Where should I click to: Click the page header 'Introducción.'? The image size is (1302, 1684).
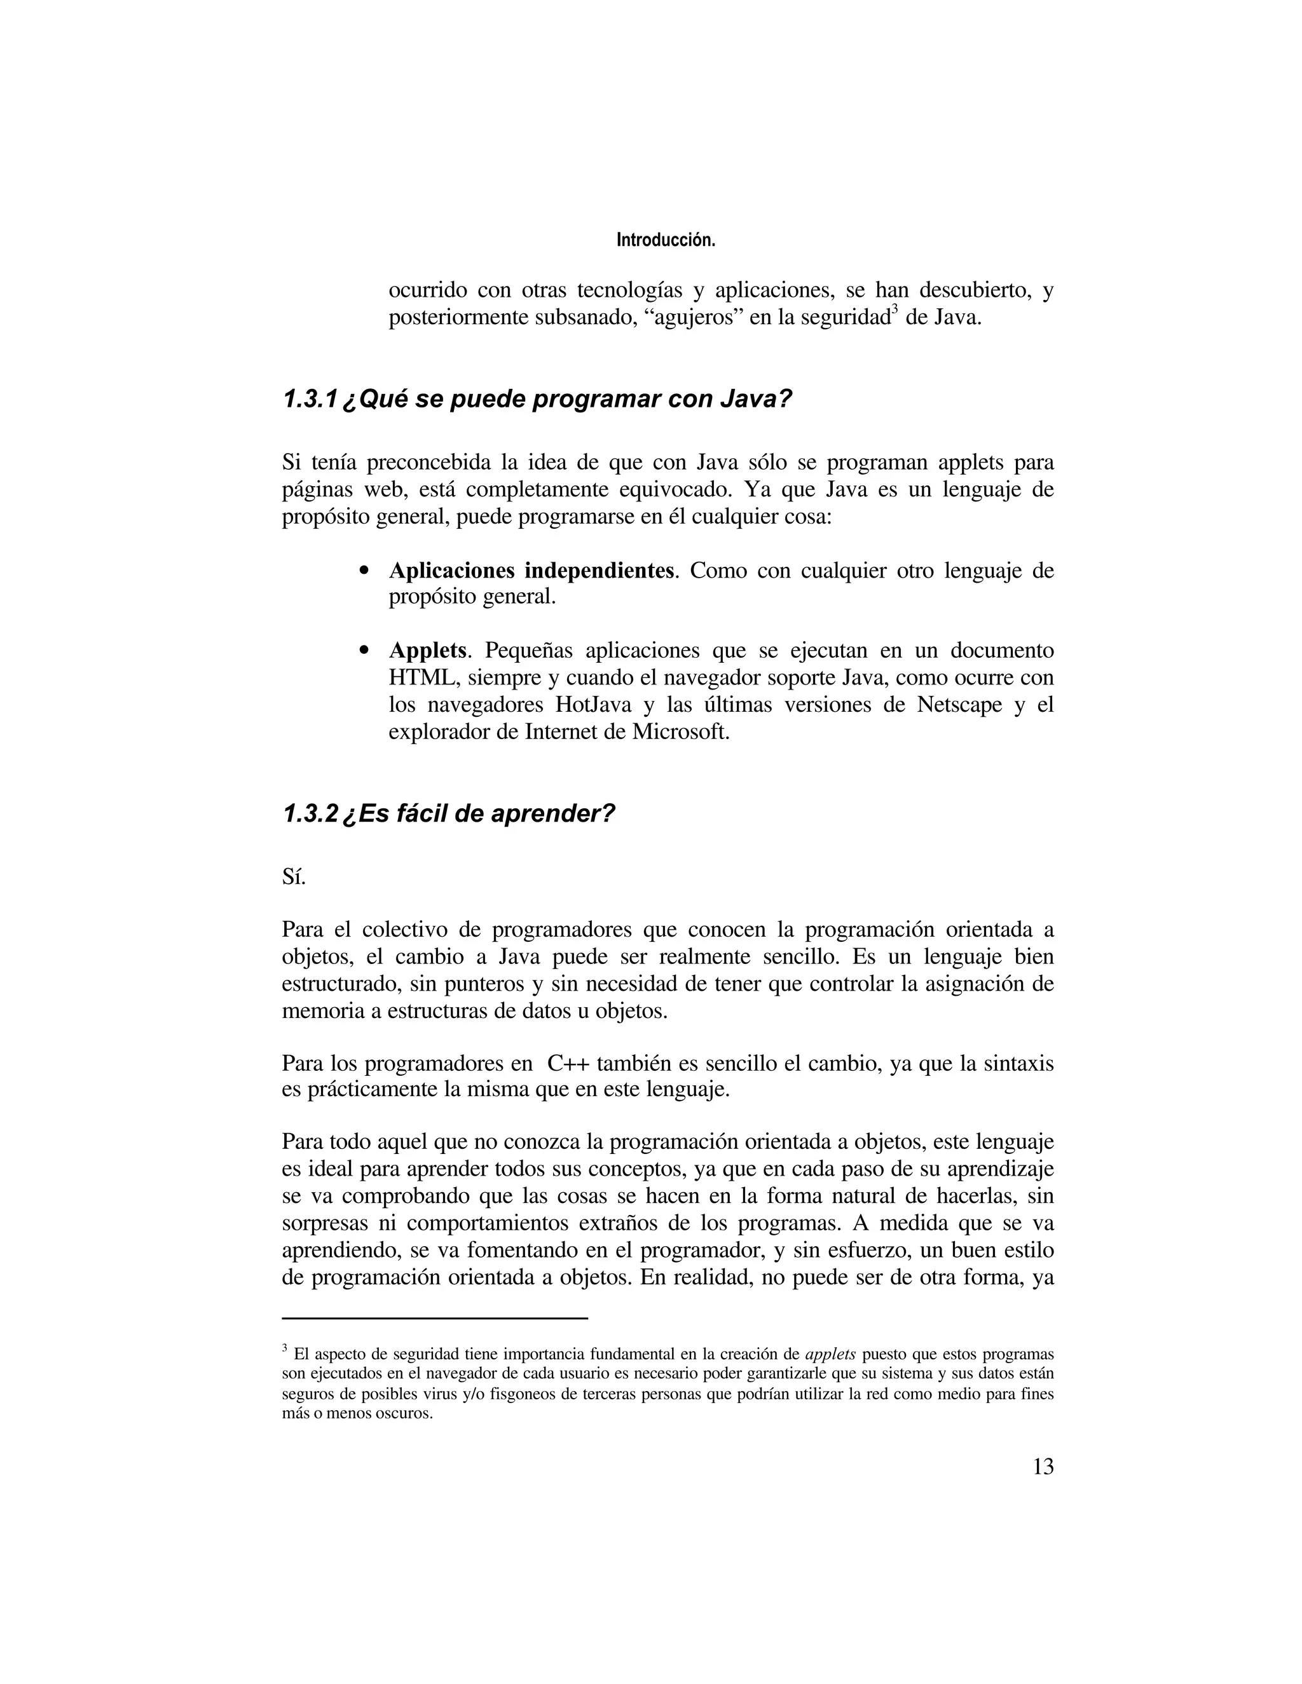pyautogui.click(x=666, y=241)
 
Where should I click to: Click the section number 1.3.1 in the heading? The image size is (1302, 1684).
pyautogui.click(x=310, y=400)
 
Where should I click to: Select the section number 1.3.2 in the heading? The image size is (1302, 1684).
pyautogui.click(x=310, y=813)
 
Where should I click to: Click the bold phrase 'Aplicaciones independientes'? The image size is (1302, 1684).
pyautogui.click(x=531, y=571)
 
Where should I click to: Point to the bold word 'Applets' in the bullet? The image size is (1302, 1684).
pyautogui.click(x=427, y=651)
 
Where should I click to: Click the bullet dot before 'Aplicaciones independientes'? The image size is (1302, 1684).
pyautogui.click(x=365, y=572)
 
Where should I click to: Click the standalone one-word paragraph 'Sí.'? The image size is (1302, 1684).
pyautogui.click(x=294, y=878)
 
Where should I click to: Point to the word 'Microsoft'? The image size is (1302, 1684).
pyautogui.click(x=680, y=731)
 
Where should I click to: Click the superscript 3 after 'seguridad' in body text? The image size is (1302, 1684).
pyautogui.click(x=894, y=310)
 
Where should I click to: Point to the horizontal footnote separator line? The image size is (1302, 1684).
pyautogui.click(x=435, y=1319)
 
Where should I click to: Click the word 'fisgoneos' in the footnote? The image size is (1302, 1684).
pyautogui.click(x=521, y=1395)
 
